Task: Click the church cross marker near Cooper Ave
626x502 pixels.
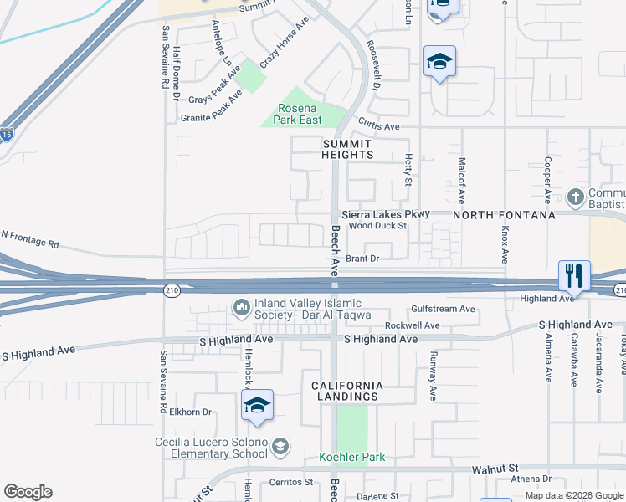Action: point(575,197)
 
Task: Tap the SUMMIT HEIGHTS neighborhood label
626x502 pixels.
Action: point(347,150)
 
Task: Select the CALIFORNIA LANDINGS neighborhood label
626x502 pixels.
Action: point(347,391)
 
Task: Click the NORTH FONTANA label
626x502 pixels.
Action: point(505,215)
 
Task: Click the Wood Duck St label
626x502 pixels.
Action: point(377,225)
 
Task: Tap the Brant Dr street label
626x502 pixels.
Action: point(363,259)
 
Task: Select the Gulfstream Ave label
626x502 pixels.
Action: point(443,310)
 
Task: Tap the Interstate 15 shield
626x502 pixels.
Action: point(6,134)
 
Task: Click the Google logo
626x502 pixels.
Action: point(28,492)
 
